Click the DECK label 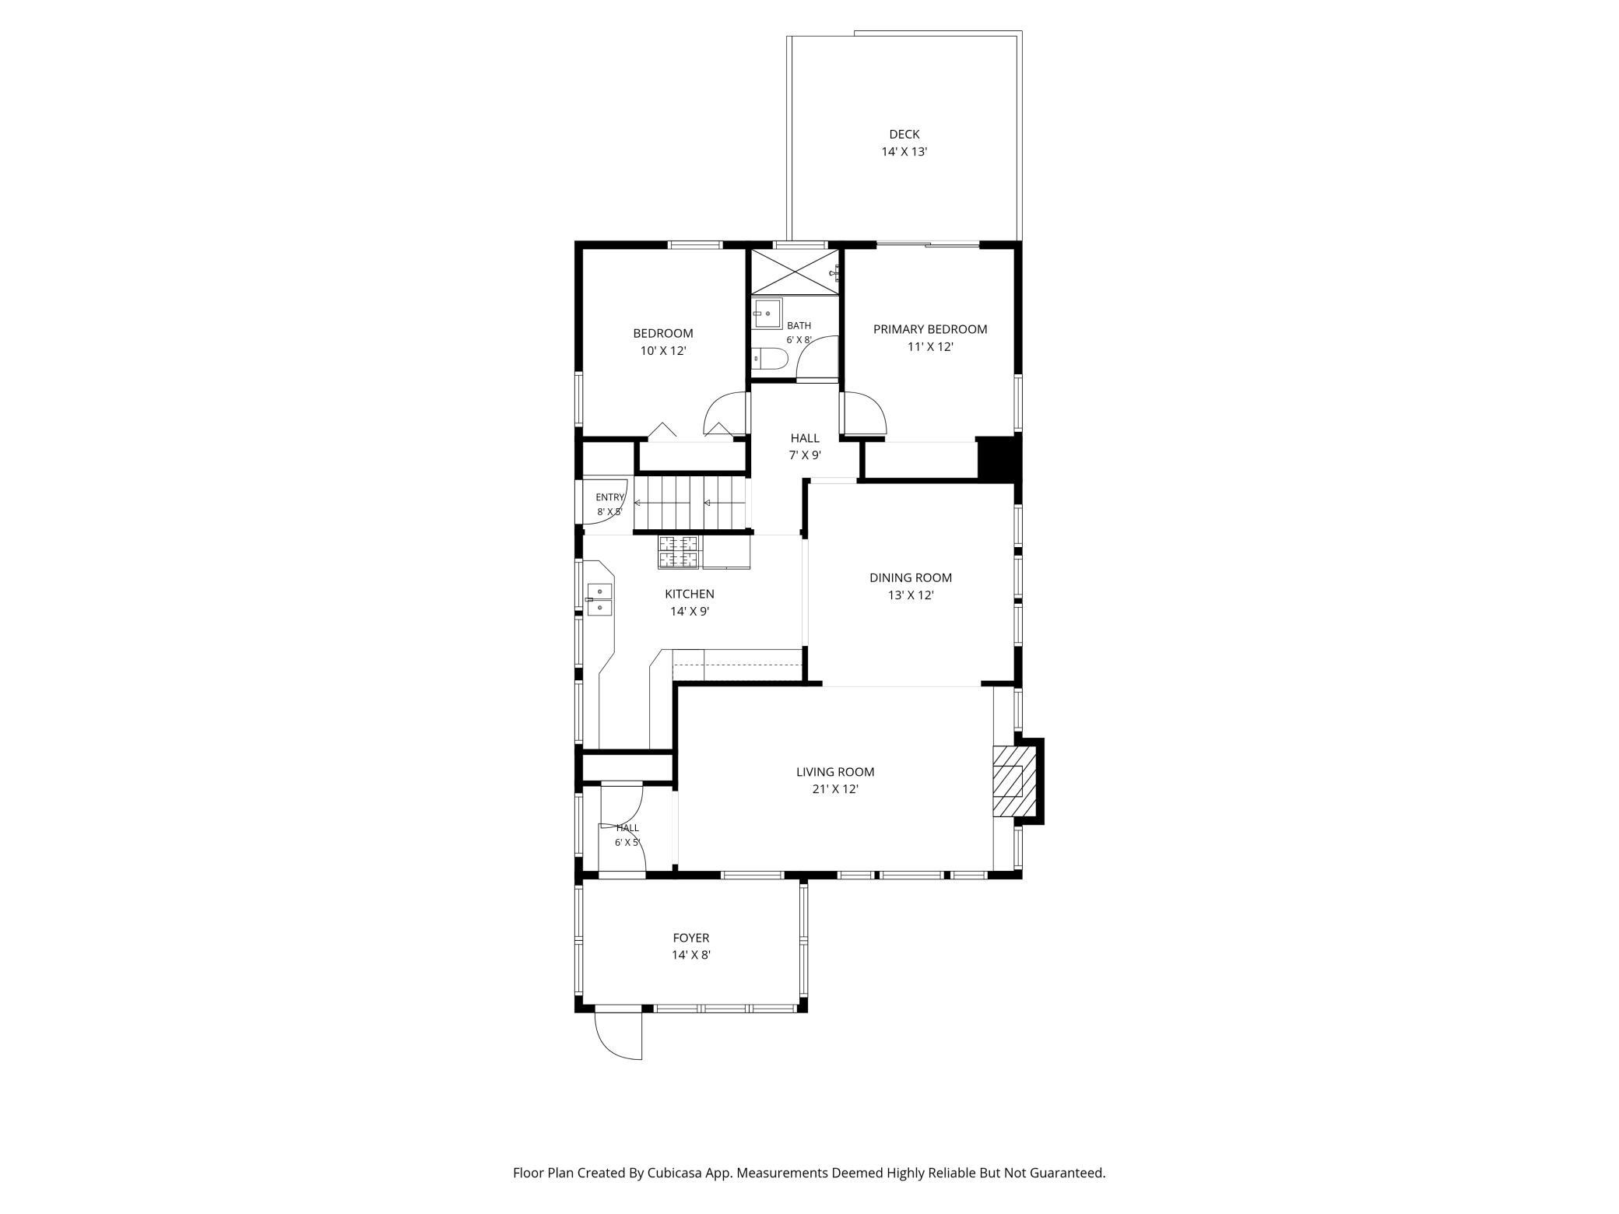point(904,135)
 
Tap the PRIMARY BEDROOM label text point(930,329)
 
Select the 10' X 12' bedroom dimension point(662,351)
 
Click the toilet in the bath point(770,359)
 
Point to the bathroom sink point(767,314)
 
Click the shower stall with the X point(795,272)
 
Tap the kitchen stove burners point(680,553)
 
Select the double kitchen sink point(599,600)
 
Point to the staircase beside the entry point(691,503)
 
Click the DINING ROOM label point(911,578)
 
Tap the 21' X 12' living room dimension point(835,789)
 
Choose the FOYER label point(691,939)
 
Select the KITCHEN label point(690,595)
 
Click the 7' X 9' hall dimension point(805,456)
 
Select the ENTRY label point(609,498)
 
